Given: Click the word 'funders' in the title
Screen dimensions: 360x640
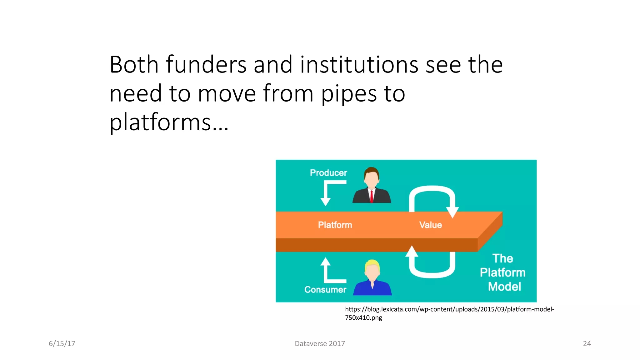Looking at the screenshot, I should (206, 65).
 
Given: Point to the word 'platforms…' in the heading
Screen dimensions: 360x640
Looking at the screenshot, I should (169, 122).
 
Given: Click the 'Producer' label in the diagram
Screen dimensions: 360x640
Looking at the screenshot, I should (328, 173).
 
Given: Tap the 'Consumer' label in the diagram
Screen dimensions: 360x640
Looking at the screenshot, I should (325, 290).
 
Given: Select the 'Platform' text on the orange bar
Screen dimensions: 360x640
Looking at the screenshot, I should (335, 225).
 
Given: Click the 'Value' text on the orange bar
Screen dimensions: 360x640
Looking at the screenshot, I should (430, 225).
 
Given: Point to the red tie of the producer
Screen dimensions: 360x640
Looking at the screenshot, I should (371, 197).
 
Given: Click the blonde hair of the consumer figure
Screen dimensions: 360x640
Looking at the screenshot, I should (372, 264).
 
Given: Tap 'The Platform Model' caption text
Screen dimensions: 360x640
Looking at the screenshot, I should (502, 272).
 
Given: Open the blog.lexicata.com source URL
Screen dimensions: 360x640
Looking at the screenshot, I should (449, 313).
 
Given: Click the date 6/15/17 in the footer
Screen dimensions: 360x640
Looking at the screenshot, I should (62, 344).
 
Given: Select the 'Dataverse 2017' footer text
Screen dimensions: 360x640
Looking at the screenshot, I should (320, 344).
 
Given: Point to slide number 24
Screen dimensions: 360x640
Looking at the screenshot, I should (587, 344).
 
